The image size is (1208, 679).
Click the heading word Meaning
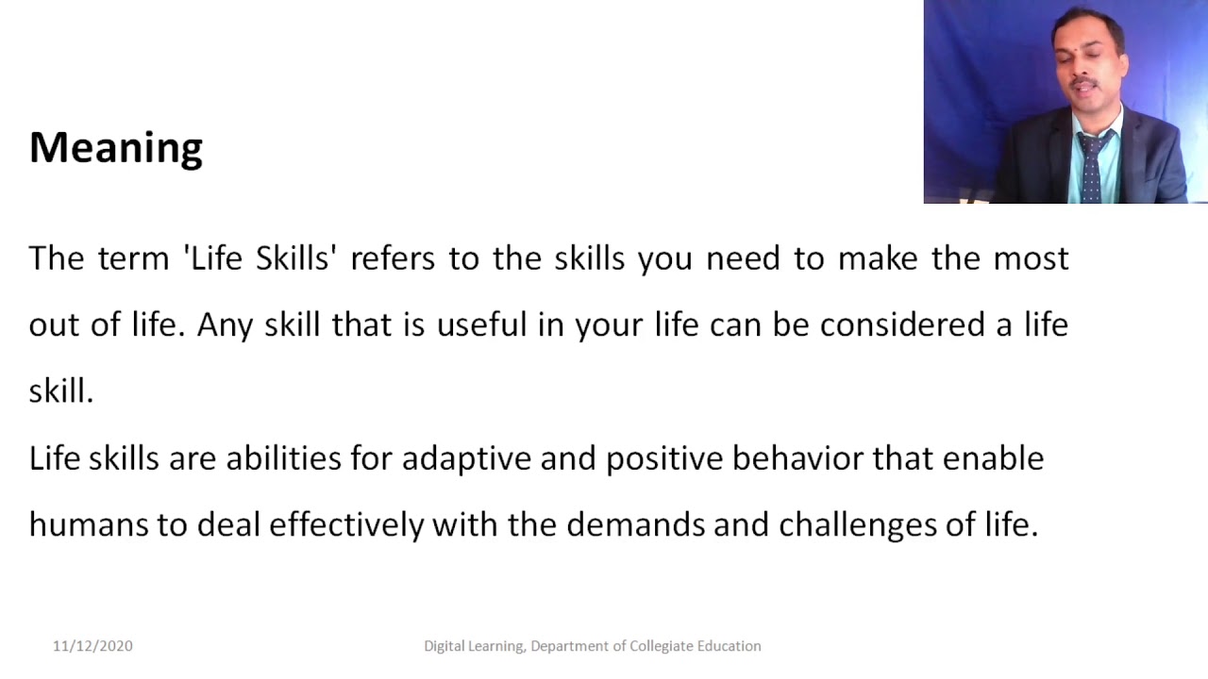(116, 148)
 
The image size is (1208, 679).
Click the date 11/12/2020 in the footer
(92, 646)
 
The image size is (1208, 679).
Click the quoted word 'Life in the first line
(215, 258)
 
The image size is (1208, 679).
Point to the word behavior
(797, 458)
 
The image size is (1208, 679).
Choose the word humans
(88, 525)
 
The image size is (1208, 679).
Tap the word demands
(635, 525)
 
